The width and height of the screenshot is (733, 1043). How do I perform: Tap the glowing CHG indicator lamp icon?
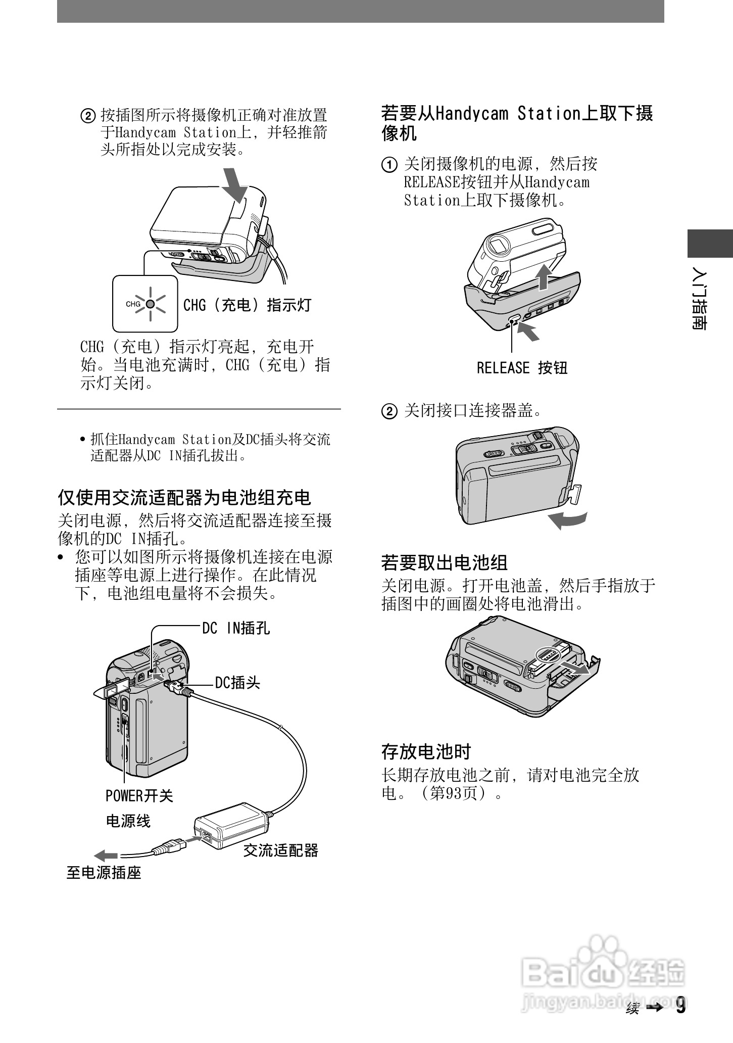pyautogui.click(x=150, y=304)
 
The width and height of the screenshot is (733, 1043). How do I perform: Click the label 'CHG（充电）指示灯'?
pyautogui.click(x=247, y=305)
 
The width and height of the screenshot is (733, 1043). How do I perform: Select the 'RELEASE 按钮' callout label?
pyautogui.click(x=522, y=367)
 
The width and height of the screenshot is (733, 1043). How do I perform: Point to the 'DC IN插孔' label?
pyautogui.click(x=236, y=628)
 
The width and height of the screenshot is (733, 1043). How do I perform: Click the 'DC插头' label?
pyautogui.click(x=237, y=683)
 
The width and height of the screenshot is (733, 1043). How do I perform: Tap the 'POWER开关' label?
pyautogui.click(x=139, y=796)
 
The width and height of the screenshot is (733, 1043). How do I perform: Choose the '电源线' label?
pyautogui.click(x=128, y=821)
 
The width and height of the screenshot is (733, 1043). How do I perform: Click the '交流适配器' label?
pyautogui.click(x=281, y=851)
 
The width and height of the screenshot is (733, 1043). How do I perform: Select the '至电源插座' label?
pyautogui.click(x=104, y=873)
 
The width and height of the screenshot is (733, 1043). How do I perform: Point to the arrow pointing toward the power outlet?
pyautogui.click(x=106, y=856)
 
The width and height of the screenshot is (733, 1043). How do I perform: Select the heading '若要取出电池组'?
pyautogui.click(x=444, y=562)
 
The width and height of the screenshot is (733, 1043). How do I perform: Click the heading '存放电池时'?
pyautogui.click(x=425, y=751)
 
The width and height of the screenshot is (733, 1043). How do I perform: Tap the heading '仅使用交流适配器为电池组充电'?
pyautogui.click(x=184, y=498)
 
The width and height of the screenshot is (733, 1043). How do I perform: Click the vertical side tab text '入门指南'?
pyautogui.click(x=699, y=300)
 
